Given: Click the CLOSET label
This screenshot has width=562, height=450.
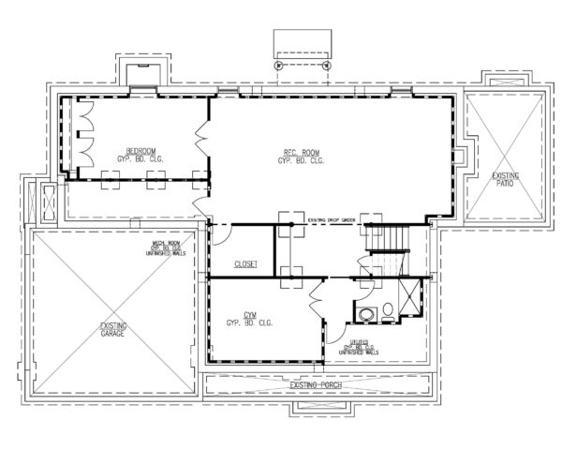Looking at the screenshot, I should (x=245, y=263).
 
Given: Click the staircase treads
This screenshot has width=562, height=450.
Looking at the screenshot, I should (x=386, y=240).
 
